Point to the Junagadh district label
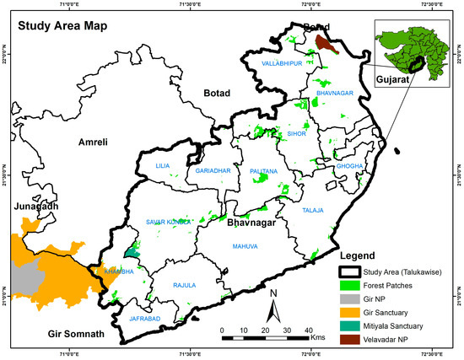click(x=30, y=206)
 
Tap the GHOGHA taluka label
click(x=349, y=166)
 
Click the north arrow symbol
click(x=272, y=307)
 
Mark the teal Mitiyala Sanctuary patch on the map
click(x=130, y=249)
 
